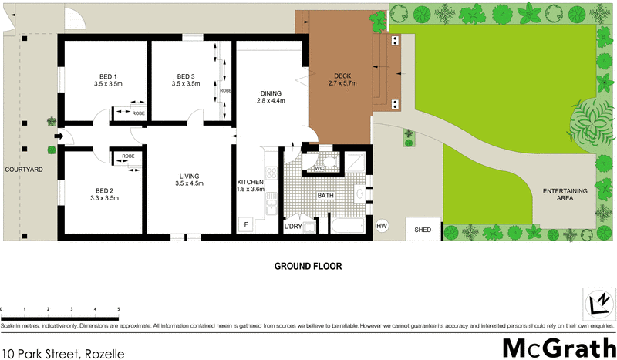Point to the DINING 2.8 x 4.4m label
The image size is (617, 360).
(x=271, y=96)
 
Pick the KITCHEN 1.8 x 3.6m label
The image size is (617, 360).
(x=251, y=185)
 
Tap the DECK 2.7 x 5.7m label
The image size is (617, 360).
(x=342, y=79)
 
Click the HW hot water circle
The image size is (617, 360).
(x=381, y=227)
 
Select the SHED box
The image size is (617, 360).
(x=423, y=230)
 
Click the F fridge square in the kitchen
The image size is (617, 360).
(x=246, y=224)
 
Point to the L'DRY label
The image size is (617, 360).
(x=293, y=226)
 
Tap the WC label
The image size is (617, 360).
(x=318, y=168)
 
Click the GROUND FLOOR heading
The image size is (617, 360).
(x=308, y=266)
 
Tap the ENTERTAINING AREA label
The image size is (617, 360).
(x=565, y=194)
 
